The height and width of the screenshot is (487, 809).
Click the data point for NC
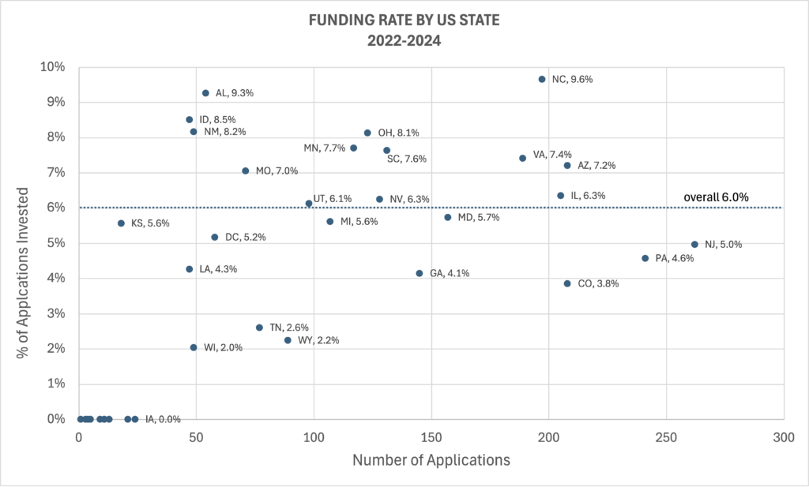[x=542, y=79]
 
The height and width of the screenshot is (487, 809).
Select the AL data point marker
[x=205, y=93]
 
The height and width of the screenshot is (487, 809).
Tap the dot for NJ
[x=694, y=245]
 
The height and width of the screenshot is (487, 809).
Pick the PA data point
[x=645, y=258]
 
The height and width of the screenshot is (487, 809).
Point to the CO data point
[x=567, y=283]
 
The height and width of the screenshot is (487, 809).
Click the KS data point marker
[x=121, y=223]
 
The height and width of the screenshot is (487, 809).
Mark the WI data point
[x=194, y=347]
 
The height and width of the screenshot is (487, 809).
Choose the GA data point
[x=420, y=273]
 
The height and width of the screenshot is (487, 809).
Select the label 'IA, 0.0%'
[x=164, y=419]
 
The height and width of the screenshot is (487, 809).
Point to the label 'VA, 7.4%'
[x=552, y=155]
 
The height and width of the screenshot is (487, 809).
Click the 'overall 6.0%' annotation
[x=717, y=197]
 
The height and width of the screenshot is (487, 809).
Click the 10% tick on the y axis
[x=54, y=67]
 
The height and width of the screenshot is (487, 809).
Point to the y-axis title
[x=23, y=272]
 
